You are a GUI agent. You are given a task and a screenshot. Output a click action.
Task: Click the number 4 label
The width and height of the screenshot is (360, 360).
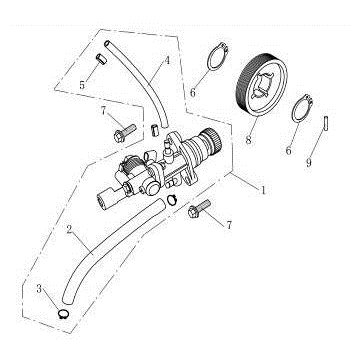tap(167, 61)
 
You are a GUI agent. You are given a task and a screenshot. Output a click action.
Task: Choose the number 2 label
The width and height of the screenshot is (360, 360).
tap(70, 232)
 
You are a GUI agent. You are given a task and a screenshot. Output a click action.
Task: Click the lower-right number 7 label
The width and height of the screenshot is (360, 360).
tap(230, 226)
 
